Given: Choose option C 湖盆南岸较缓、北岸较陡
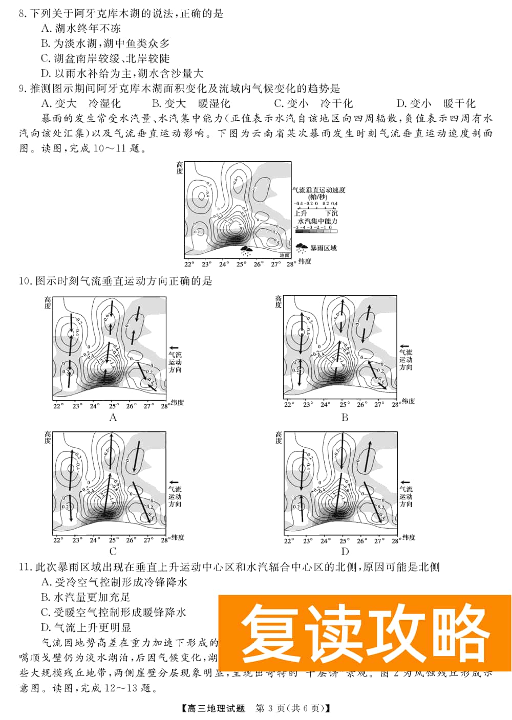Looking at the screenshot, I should pyautogui.click(x=105, y=58).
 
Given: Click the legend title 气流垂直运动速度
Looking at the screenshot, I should pyautogui.click(x=318, y=190).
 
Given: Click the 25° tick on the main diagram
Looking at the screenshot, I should pyautogui.click(x=241, y=265).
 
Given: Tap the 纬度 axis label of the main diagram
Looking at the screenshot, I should pyautogui.click(x=305, y=261).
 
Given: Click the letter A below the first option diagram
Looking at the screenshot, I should pyautogui.click(x=113, y=418).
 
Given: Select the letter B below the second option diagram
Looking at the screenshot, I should pyautogui.click(x=345, y=418).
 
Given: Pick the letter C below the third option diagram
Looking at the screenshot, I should pyautogui.click(x=113, y=551).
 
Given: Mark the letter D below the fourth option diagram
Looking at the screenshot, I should pyautogui.click(x=345, y=551).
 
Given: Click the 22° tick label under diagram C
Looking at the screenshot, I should pyautogui.click(x=58, y=540).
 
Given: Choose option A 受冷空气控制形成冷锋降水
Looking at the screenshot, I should pyautogui.click(x=114, y=582).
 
